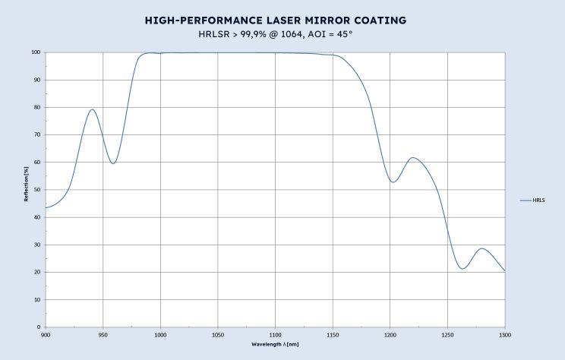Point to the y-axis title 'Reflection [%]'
click(27, 190)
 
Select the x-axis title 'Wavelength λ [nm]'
click(276, 344)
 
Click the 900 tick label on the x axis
click(46, 334)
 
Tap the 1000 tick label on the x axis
click(160, 334)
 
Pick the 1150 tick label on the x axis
click(333, 334)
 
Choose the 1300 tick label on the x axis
click(504, 334)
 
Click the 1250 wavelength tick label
click(447, 334)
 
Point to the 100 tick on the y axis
click(36, 52)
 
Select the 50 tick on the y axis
click(37, 190)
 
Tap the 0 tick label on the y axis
click(39, 327)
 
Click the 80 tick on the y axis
click(37, 107)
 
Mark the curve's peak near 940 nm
click(92, 109)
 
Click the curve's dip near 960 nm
click(113, 163)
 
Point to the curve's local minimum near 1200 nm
click(393, 182)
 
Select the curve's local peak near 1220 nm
click(412, 158)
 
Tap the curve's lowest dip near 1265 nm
click(463, 269)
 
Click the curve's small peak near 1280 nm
click(481, 248)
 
